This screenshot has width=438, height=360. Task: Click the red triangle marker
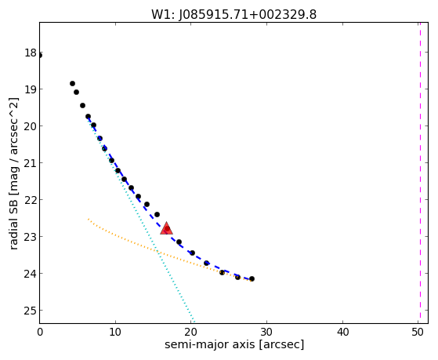[166, 228]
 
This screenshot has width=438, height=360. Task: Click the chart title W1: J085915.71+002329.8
[233, 15]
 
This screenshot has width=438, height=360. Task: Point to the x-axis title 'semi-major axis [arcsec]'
[234, 344]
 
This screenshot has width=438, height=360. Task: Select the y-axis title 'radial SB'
[13, 223]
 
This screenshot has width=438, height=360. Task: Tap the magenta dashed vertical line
[420, 173]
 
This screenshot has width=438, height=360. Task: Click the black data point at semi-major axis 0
[40, 56]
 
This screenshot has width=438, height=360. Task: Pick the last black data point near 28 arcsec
[252, 278]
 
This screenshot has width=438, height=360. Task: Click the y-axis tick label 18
[31, 53]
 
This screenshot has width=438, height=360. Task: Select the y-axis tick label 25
[31, 311]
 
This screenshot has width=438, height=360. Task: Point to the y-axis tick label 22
[31, 200]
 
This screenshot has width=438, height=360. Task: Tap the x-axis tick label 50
[418, 332]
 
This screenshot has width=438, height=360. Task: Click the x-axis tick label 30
[266, 332]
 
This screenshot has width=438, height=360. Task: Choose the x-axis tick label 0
[40, 332]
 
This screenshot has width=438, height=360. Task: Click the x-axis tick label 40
[342, 332]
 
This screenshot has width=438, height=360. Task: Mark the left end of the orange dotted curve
[89, 219]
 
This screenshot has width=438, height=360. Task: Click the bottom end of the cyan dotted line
[194, 322]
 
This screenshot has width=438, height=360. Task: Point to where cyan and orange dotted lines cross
[157, 253]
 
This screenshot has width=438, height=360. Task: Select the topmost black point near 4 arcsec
[72, 83]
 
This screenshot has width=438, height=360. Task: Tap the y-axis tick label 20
[31, 126]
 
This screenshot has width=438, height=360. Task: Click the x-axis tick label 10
[115, 332]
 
